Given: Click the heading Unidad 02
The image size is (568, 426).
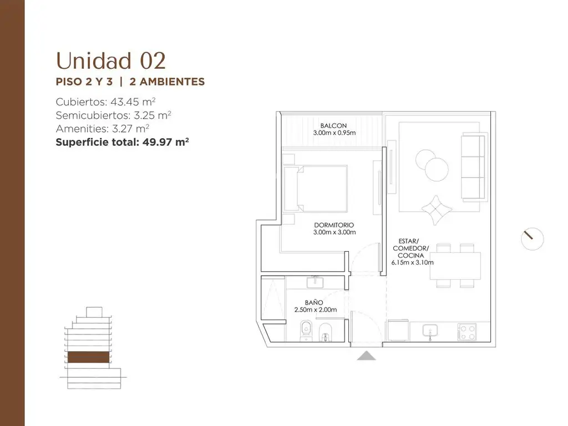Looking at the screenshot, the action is tap(111, 60).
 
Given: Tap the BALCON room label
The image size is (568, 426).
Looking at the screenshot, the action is tap(333, 126).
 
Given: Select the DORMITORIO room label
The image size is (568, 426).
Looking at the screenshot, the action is tap(334, 225).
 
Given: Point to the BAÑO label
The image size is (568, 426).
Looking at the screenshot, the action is tap(314, 302).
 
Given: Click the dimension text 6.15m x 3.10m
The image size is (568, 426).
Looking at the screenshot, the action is tap(412, 262).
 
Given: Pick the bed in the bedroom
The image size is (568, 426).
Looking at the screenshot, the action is tap(316, 189).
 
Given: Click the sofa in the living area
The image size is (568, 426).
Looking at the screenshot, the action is tap(474, 166).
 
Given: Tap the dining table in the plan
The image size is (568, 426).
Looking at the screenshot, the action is tap(455, 266).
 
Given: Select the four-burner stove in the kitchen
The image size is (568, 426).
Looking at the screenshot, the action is tap(467, 332).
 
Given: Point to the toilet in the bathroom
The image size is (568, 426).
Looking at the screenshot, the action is tap(306, 331).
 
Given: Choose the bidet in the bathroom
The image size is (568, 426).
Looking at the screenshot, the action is tap(325, 332).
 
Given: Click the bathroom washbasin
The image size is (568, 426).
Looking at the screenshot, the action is tap(315, 282).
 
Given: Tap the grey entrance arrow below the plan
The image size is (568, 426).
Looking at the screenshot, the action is tap(366, 356).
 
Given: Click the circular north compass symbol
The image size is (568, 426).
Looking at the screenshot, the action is tap(532, 239).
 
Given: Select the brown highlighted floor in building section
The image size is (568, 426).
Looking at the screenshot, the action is tap(88, 357).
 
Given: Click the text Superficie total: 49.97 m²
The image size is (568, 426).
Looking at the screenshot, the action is tap(122, 141).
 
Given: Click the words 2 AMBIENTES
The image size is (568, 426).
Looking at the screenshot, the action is tap(167, 82).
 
